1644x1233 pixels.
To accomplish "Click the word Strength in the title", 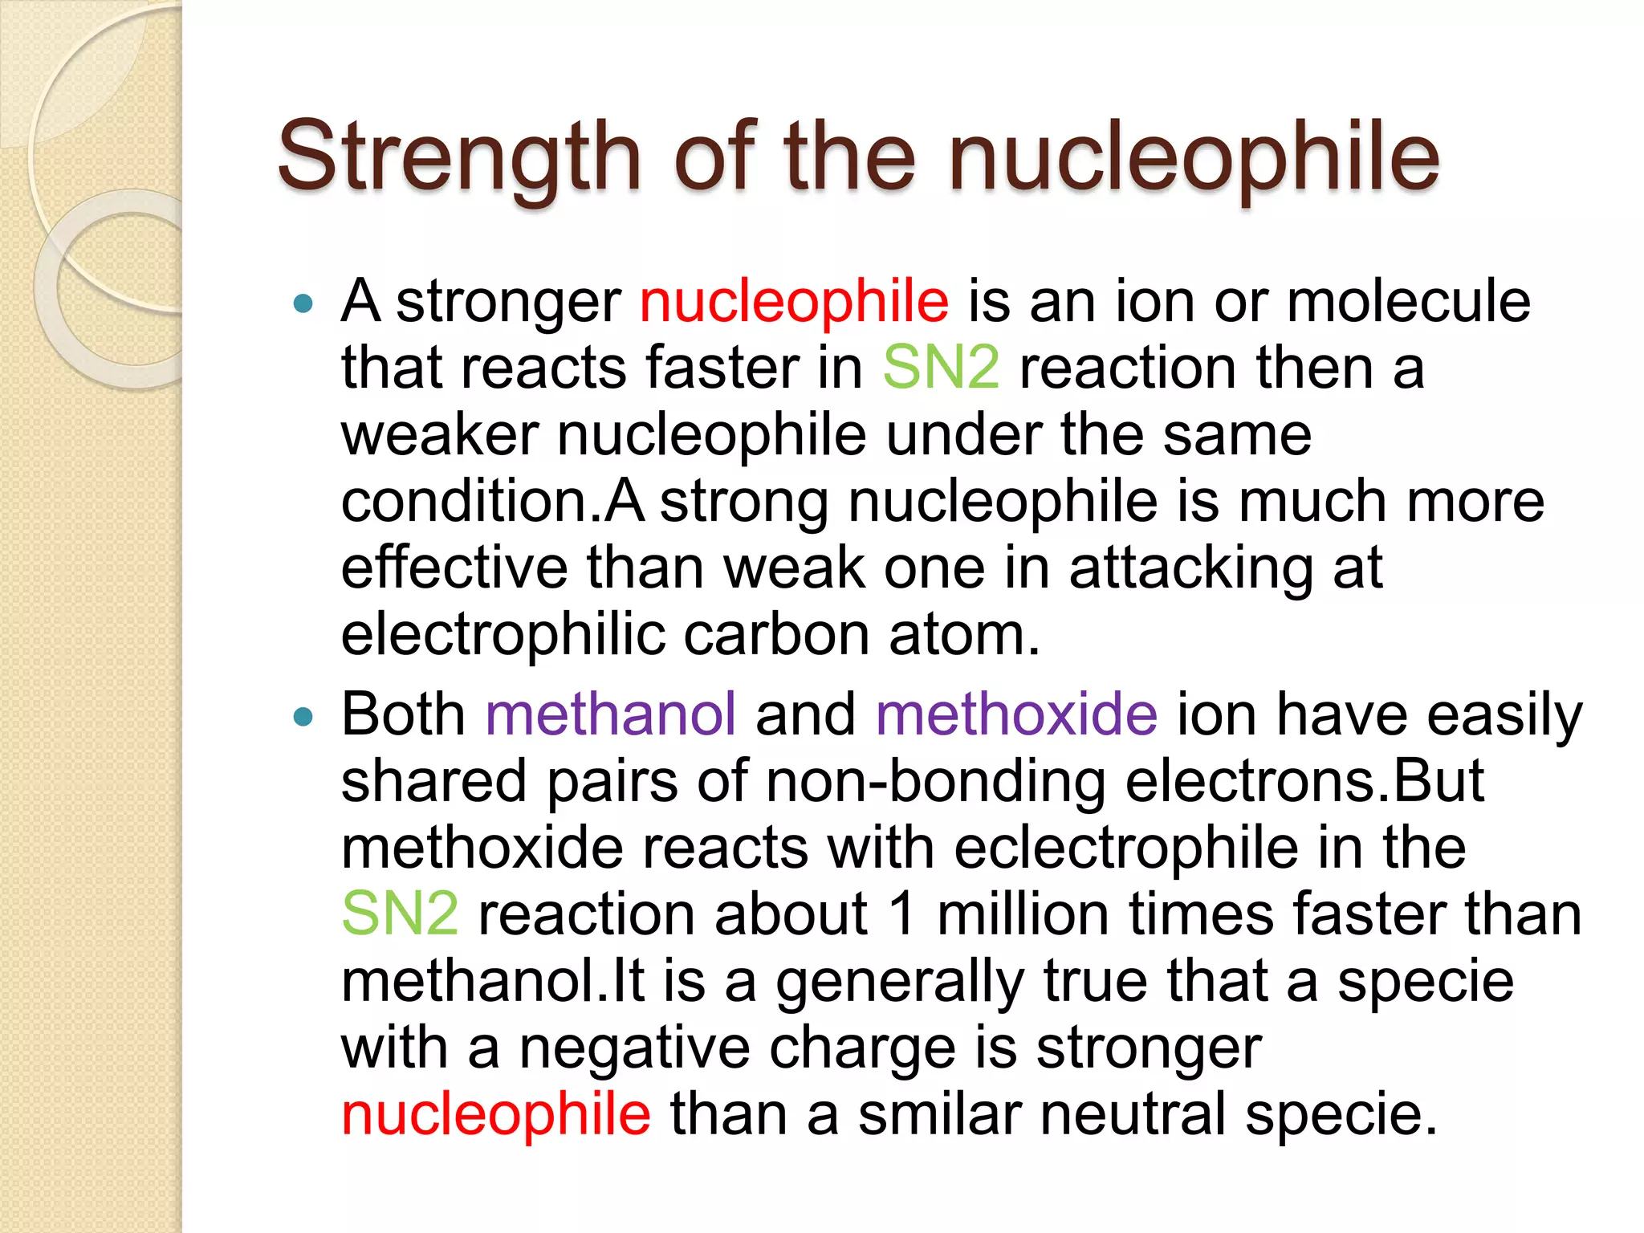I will point(458,157).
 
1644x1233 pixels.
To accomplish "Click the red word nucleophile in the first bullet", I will point(794,303).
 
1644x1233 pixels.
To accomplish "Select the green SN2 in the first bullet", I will point(941,368).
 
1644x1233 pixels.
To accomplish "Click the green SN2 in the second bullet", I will point(400,914).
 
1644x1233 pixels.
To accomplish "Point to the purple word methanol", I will point(610,714).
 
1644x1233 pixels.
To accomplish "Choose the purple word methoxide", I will point(1016,714).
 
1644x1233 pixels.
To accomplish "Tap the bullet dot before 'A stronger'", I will point(303,304).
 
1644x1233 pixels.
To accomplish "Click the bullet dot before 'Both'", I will point(303,716).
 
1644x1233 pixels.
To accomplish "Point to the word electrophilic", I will point(503,635).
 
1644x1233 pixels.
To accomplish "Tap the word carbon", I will point(776,635).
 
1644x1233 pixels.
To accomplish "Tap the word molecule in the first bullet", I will point(1408,303).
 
